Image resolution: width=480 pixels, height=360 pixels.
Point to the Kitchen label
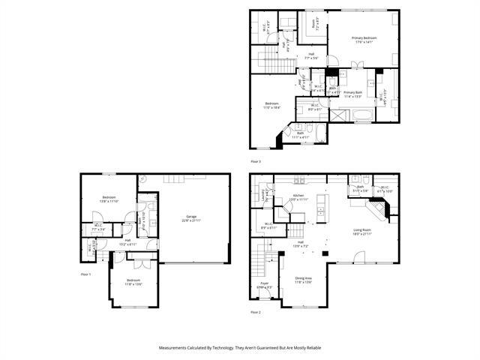[298, 197]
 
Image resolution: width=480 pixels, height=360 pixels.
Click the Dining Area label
[304, 280]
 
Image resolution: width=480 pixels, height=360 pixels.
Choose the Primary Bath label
[352, 94]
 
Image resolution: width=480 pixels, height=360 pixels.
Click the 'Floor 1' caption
[85, 274]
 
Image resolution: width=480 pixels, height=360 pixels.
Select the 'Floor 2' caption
[255, 312]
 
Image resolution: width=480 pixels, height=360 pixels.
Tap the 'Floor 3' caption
[255, 161]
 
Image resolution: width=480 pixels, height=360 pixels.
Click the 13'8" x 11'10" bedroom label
[109, 199]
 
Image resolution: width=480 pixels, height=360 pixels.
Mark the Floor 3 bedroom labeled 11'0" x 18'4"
[271, 106]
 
